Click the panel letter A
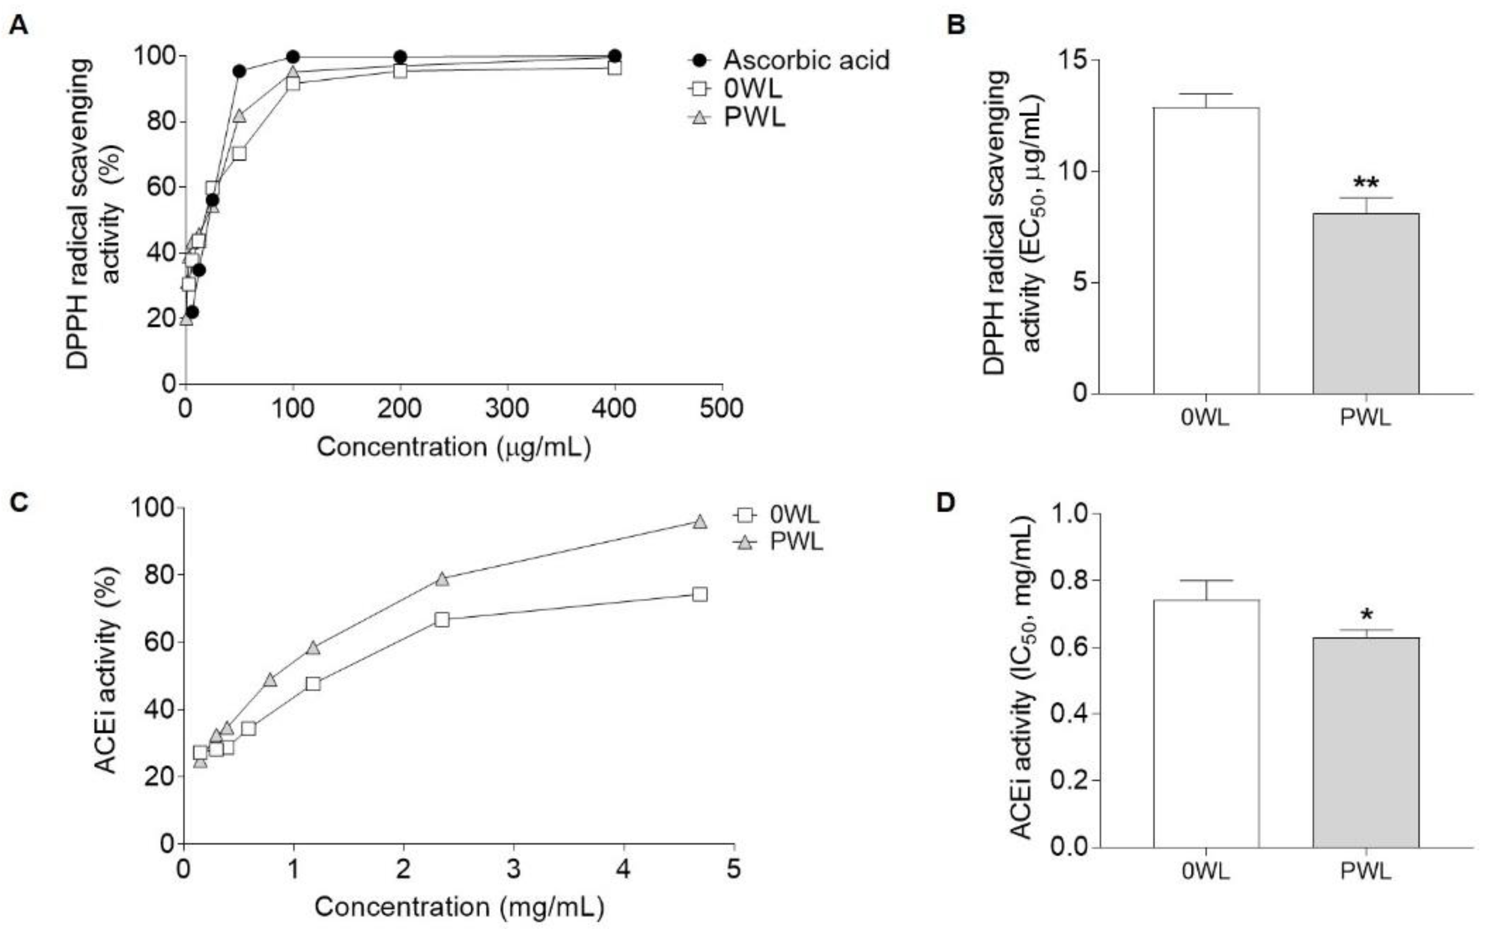19,26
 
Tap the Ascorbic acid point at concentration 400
615,56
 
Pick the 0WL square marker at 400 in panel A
615,68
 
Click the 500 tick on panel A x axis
722,408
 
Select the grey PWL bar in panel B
1366,304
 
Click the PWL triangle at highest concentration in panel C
699,522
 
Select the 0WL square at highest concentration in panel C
699,594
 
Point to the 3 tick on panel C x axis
514,870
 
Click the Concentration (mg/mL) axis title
459,907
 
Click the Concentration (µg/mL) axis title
453,447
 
